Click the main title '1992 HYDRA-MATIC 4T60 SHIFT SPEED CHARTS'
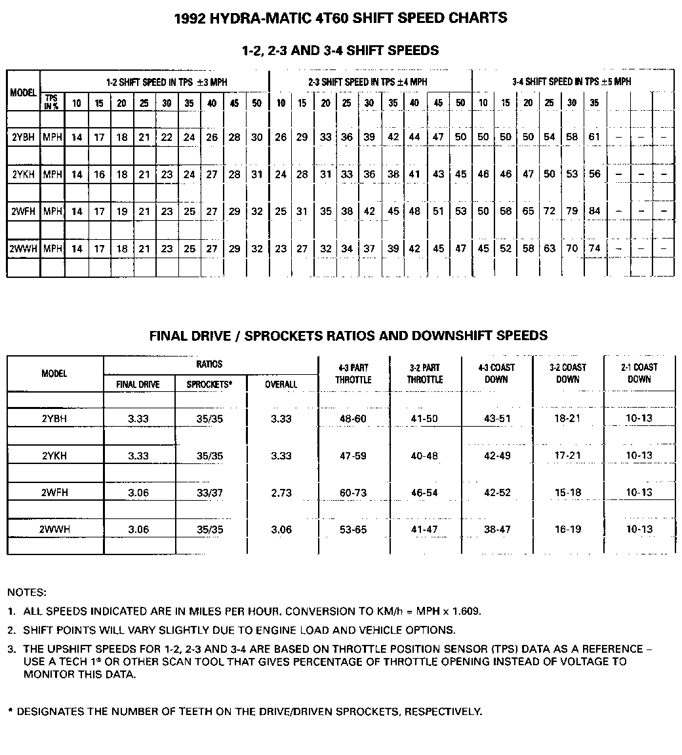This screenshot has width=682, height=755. tap(341, 18)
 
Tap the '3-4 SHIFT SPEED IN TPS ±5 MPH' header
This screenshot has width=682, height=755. tap(571, 82)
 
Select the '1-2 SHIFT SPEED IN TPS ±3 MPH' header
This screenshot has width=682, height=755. tap(166, 83)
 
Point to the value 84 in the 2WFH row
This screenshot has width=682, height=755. tap(594, 211)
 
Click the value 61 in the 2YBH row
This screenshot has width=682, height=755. tap(594, 137)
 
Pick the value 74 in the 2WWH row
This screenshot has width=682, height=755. tap(594, 248)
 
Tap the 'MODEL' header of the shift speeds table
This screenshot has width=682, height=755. tap(23, 93)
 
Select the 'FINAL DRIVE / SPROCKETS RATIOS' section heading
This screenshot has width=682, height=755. tap(348, 336)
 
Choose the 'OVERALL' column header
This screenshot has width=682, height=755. tap(281, 385)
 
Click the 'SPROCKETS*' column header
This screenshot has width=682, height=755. tap(210, 385)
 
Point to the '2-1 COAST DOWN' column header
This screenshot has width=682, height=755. tap(639, 373)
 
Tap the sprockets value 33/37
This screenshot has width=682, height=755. tap(210, 493)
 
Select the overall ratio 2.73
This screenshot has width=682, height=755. tap(281, 493)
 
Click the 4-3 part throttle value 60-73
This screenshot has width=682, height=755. tap(353, 493)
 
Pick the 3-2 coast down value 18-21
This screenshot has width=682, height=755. tap(567, 418)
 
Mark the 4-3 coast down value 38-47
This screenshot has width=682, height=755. tap(496, 530)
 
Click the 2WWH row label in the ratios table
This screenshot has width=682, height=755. tap(54, 530)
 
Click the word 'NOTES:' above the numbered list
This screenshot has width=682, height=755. tap(27, 592)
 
